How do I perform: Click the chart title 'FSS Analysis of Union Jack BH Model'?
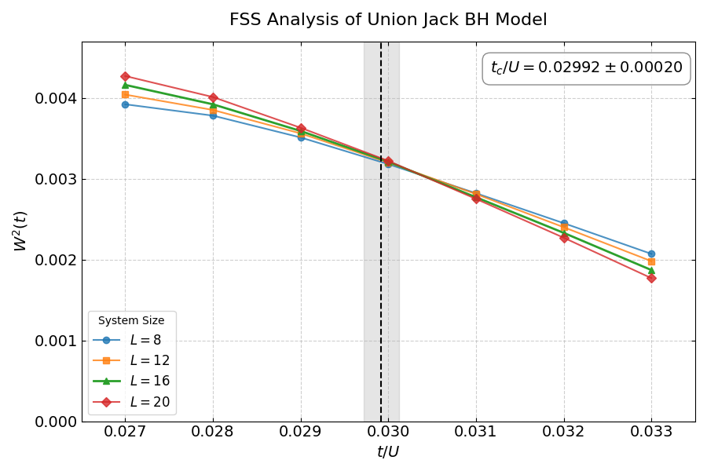388,20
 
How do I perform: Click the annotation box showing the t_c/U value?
586,68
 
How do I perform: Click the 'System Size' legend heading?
131,320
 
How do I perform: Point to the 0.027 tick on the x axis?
125,431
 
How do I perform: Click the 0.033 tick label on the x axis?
651,431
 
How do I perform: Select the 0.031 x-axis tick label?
476,431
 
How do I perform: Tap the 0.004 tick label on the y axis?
54,99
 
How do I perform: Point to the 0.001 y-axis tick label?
54,341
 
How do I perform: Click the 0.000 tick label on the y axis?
54,422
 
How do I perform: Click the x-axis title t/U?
388,452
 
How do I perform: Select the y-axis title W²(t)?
21,231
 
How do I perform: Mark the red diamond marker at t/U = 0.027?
125,76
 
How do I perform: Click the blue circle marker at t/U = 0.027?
125,104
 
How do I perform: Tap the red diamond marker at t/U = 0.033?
651,278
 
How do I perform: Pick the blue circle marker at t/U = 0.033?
651,254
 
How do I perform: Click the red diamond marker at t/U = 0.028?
213,97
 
